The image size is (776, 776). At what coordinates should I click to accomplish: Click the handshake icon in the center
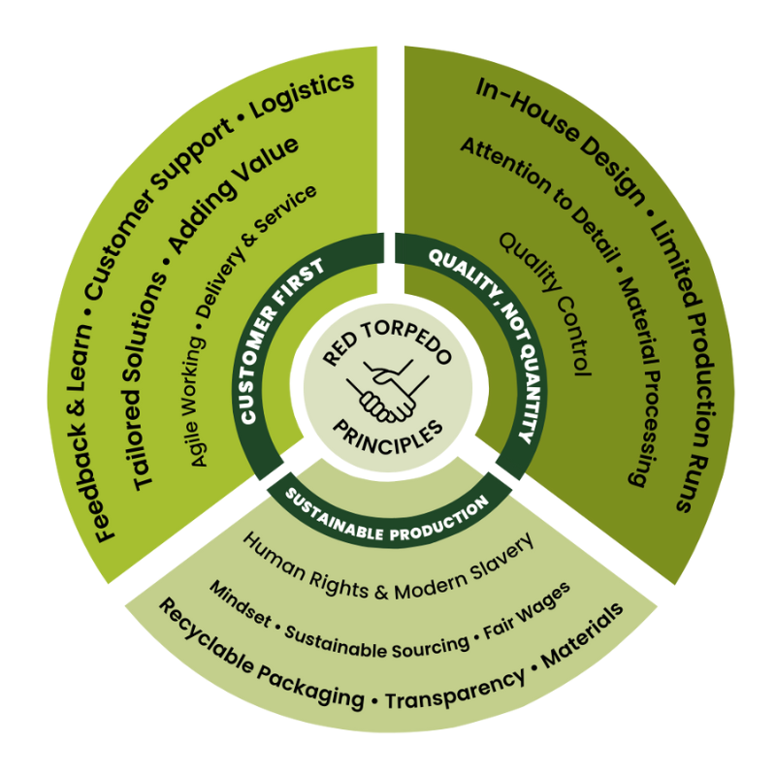pyautogui.click(x=389, y=387)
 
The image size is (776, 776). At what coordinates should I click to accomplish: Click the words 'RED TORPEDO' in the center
pyautogui.click(x=387, y=343)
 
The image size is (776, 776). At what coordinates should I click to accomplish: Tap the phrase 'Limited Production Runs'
pyautogui.click(x=693, y=359)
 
